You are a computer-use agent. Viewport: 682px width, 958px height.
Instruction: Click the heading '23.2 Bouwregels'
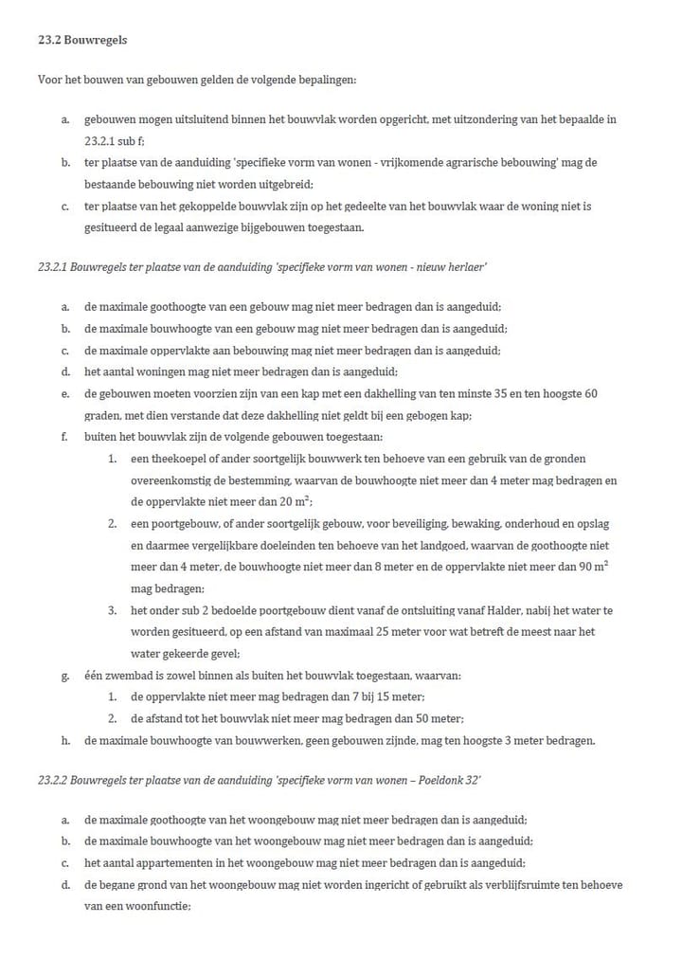[81, 41]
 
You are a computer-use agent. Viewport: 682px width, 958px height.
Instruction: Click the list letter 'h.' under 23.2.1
[64, 740]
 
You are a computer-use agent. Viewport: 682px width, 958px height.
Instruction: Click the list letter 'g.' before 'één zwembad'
[64, 677]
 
